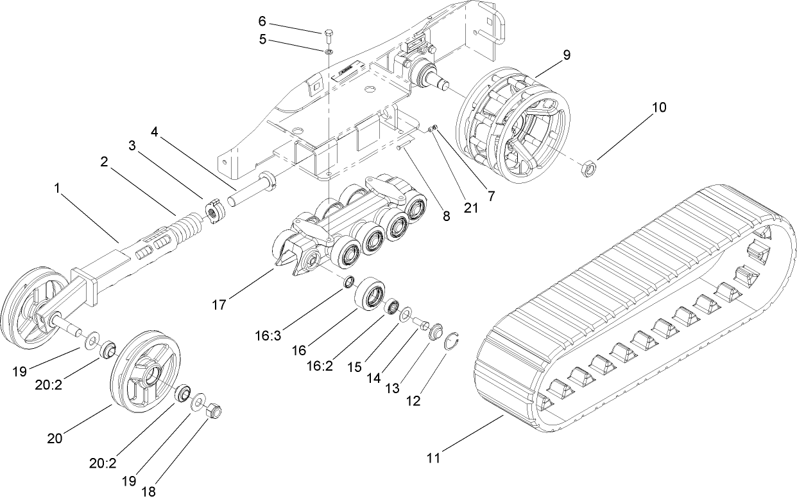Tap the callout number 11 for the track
pyautogui.click(x=434, y=458)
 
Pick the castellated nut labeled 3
pyautogui.click(x=214, y=213)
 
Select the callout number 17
pyautogui.click(x=219, y=304)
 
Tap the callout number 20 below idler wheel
pyautogui.click(x=55, y=438)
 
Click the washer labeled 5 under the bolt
pyautogui.click(x=329, y=52)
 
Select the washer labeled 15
pyautogui.click(x=406, y=315)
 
